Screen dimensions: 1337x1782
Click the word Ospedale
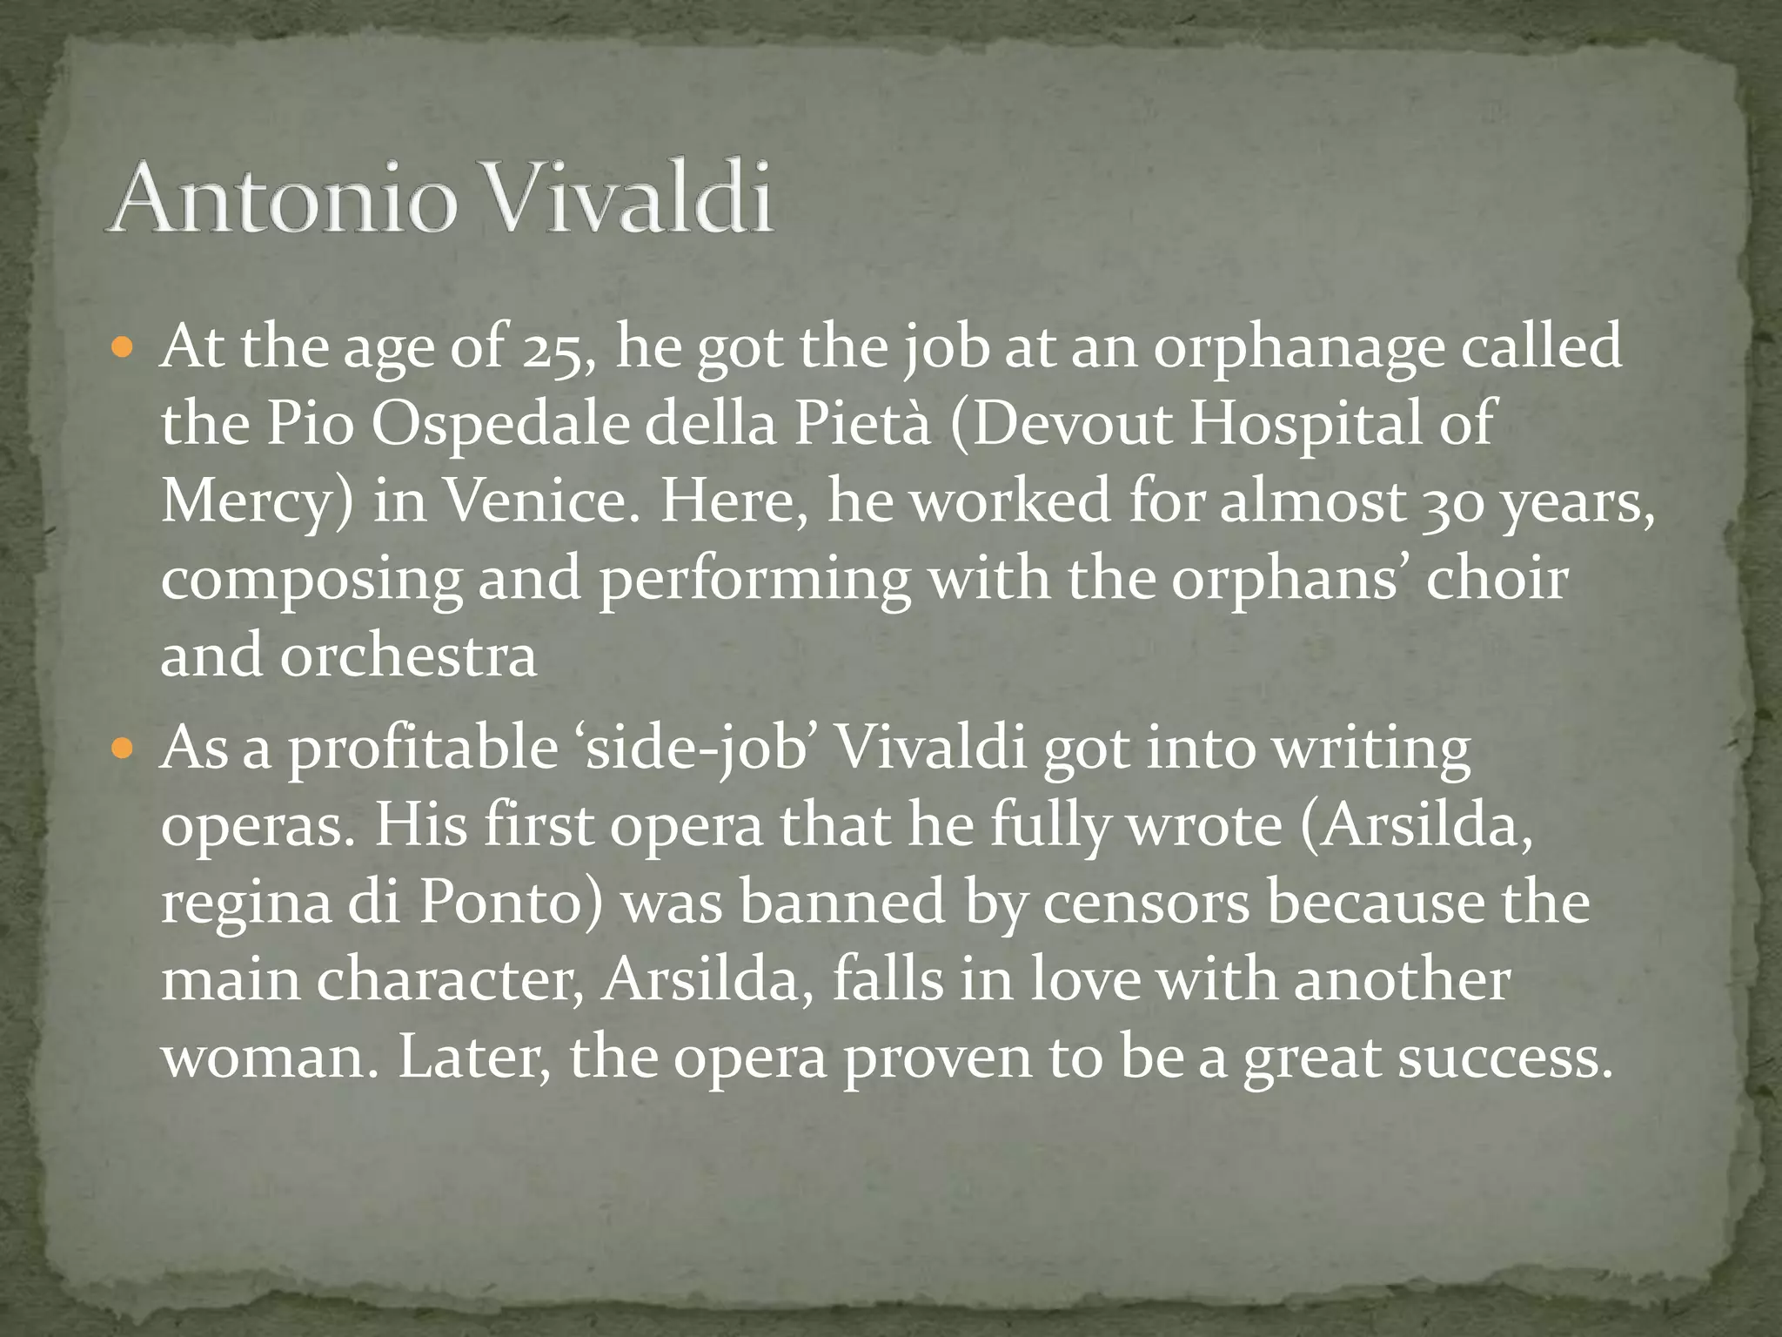tap(499, 426)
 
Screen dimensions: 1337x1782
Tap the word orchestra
tap(408, 656)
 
